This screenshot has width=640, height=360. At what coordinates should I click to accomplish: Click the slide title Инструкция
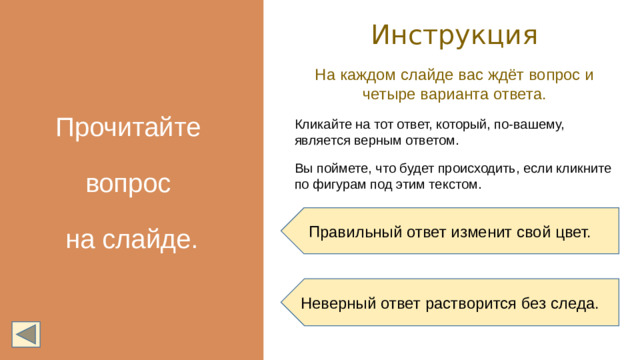point(454,35)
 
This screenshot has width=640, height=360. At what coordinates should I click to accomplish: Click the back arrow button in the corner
point(26,334)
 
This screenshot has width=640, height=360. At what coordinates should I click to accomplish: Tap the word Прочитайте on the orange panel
point(128,129)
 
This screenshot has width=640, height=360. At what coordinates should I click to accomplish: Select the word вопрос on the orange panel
point(129,185)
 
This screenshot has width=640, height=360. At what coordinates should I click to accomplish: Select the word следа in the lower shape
point(574,303)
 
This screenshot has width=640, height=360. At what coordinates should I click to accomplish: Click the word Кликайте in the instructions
point(320,125)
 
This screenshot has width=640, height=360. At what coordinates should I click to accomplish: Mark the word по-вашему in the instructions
point(531,125)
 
